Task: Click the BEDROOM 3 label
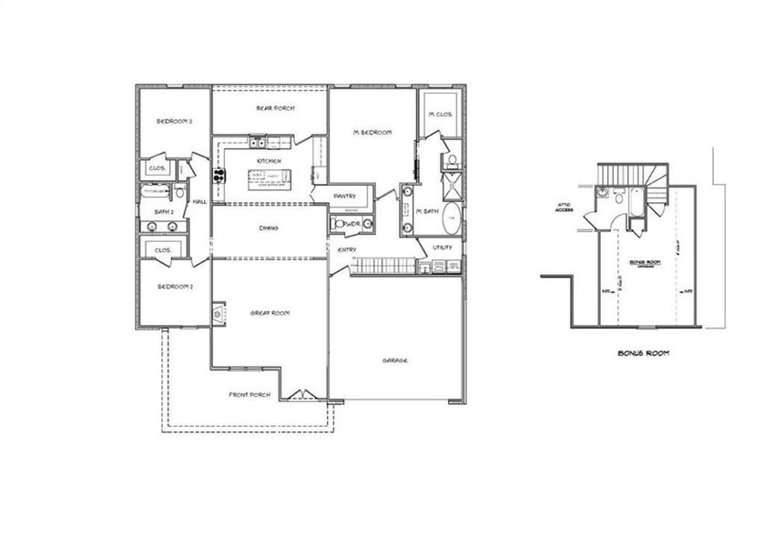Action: [x=173, y=121]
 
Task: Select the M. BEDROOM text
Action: [x=372, y=133]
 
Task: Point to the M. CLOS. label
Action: [x=442, y=114]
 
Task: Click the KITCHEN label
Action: [x=269, y=161]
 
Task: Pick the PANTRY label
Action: [x=344, y=196]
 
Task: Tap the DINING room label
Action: [x=268, y=227]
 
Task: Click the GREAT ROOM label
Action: [x=270, y=313]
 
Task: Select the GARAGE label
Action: [x=394, y=360]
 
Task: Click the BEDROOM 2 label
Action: [x=174, y=286]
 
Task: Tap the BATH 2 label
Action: [x=164, y=211]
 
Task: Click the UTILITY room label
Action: [x=443, y=247]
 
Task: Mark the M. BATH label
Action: [x=428, y=211]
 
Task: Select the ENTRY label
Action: [x=347, y=249]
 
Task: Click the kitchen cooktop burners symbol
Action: [x=219, y=174]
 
